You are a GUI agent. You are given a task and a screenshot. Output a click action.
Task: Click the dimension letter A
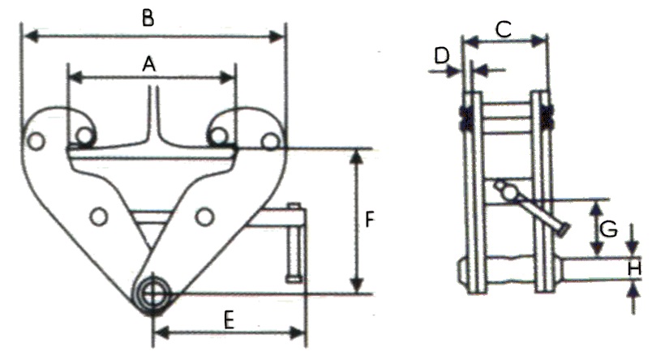148,63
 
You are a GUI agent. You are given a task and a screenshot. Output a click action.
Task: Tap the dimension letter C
503,30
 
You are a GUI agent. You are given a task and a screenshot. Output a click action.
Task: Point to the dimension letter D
441,56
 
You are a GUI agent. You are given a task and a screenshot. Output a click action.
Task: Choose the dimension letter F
369,220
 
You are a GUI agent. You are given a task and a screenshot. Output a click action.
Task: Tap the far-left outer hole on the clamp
35,141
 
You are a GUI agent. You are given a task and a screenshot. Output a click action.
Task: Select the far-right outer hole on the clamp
269,141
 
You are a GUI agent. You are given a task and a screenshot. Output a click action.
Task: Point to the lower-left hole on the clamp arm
99,216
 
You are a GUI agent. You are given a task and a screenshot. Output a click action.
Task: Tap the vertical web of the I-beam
153,114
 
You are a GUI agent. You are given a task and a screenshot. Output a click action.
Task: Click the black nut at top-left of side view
466,117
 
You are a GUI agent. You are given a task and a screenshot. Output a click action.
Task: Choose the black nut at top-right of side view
548,117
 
